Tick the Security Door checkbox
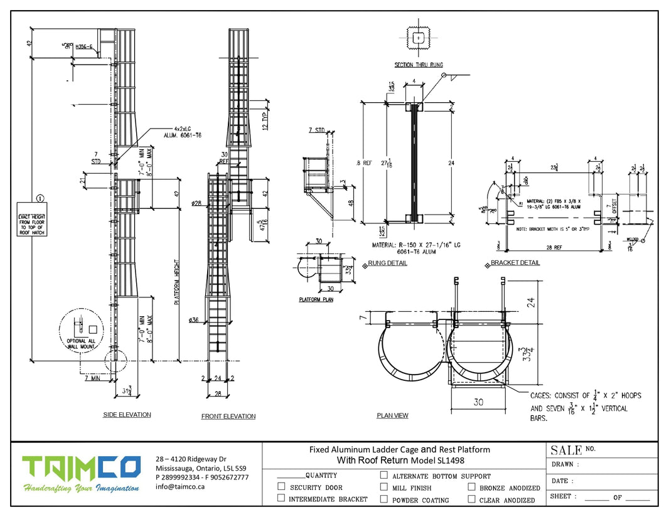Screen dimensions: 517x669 [x=281, y=487]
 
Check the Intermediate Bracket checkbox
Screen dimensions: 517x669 [x=281, y=499]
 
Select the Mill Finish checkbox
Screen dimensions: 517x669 [x=384, y=488]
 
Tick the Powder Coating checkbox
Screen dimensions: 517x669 [x=384, y=499]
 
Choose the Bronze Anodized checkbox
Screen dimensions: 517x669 [x=471, y=487]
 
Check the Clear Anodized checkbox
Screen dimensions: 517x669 [x=471, y=499]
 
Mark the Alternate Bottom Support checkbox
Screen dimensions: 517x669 [x=384, y=476]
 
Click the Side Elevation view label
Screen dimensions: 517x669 [x=127, y=415]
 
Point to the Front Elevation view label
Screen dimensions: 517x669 [x=228, y=416]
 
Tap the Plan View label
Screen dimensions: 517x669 [x=392, y=415]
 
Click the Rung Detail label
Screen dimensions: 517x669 [x=387, y=263]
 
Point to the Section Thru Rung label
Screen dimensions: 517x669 [x=419, y=65]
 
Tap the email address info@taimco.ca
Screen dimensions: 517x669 [x=181, y=486]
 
